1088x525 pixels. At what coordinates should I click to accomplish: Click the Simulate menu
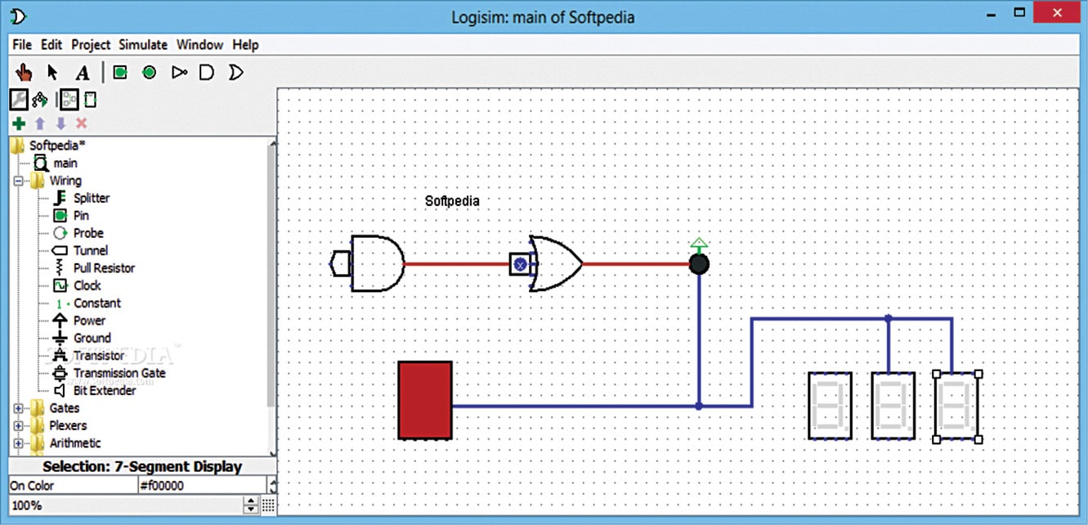tap(142, 45)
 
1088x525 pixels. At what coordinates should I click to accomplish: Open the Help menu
tap(245, 45)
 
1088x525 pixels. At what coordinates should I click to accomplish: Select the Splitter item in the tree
tap(91, 198)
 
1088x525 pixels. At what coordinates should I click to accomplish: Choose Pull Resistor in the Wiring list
tap(103, 268)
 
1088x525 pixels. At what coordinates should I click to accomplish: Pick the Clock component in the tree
tap(87, 285)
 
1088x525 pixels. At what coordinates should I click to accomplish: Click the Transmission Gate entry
tap(119, 373)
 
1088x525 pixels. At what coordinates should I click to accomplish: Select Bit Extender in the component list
tap(104, 391)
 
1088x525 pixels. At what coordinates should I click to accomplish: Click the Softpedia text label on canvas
tap(452, 200)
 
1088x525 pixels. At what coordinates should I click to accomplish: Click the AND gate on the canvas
tap(376, 264)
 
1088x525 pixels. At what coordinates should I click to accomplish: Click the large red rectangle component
tap(425, 401)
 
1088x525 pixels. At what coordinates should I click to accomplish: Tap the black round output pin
tap(698, 264)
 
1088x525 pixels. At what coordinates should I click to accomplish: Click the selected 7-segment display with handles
tap(957, 406)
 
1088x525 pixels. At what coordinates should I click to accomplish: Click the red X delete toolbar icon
tap(82, 123)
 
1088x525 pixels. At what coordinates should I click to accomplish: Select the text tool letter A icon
tap(82, 73)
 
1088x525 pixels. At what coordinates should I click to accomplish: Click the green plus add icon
tap(19, 123)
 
